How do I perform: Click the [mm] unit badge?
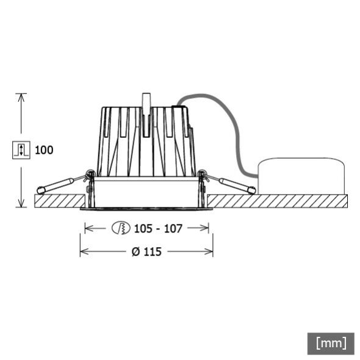[x=331, y=343]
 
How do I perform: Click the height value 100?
[x=43, y=149]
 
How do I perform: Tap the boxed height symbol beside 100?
[x=21, y=149]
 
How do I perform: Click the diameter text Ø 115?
[x=146, y=251]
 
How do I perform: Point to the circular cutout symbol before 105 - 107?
[x=121, y=228]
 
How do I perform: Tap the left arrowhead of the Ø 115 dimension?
[x=84, y=251]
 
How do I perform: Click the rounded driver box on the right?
[x=301, y=176]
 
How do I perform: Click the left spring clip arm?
[x=59, y=185]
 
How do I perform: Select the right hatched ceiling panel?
[x=278, y=201]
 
